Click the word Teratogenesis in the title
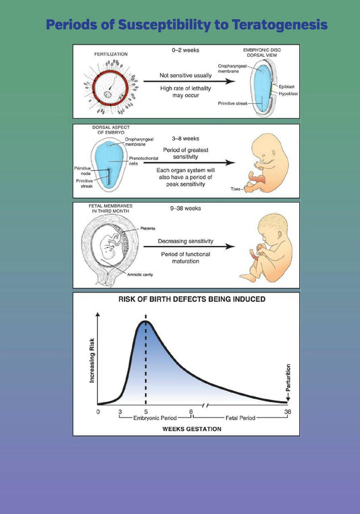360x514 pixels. tap(280, 25)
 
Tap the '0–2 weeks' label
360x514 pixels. tap(186, 50)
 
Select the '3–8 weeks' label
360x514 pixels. tap(186, 138)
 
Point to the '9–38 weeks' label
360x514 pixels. tap(186, 209)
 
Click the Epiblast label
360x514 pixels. tap(286, 87)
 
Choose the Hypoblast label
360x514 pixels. tap(288, 94)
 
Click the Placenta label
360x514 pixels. tap(147, 228)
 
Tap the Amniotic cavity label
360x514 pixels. tap(140, 275)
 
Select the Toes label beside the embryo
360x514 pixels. tap(236, 189)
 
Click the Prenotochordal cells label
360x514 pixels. tap(143, 161)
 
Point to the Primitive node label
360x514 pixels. tap(82, 171)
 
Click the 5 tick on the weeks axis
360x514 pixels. tap(146, 412)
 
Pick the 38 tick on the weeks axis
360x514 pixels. tap(288, 412)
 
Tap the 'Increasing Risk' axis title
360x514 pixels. tap(92, 361)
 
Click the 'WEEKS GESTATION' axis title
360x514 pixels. tap(192, 429)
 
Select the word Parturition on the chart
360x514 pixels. tap(288, 378)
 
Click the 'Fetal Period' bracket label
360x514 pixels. tap(240, 418)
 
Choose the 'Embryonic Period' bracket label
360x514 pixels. tap(155, 418)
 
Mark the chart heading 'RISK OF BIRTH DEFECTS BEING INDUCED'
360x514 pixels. tap(192, 299)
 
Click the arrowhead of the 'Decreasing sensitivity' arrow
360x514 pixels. tap(231, 247)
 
